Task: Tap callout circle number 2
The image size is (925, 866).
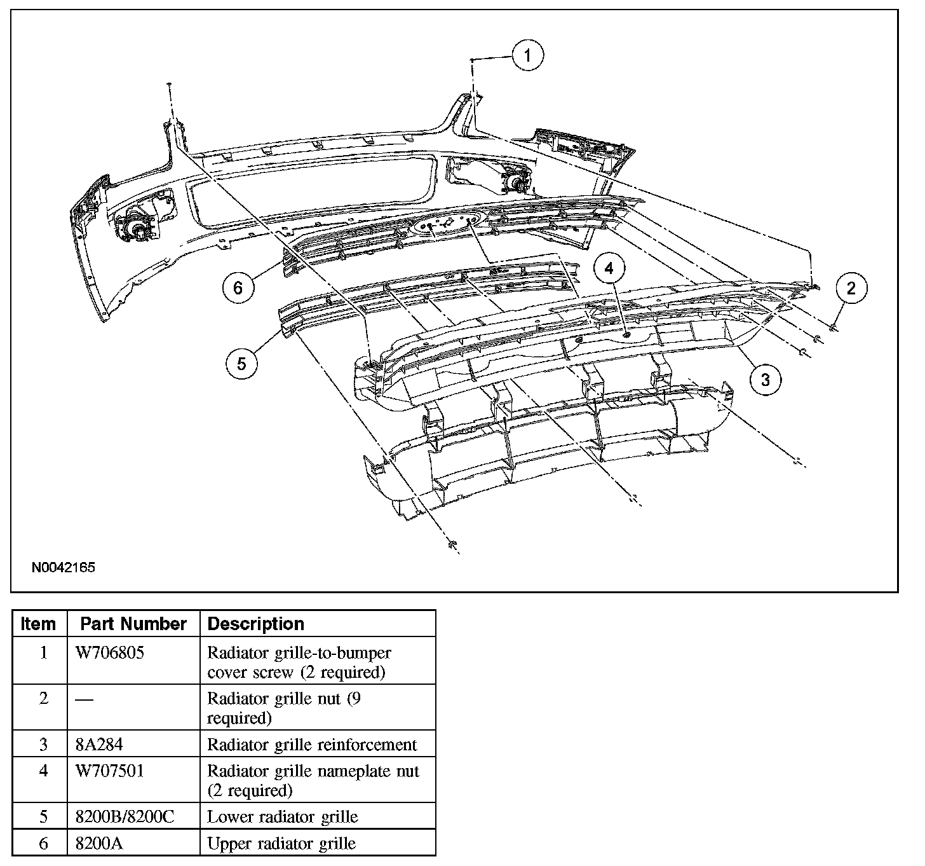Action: point(851,288)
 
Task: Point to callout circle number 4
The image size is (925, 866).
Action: point(609,269)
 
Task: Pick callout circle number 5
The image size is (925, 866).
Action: point(241,363)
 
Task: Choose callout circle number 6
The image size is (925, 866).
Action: point(238,287)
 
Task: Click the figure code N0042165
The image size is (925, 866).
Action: point(64,567)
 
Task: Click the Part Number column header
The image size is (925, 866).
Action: point(133,624)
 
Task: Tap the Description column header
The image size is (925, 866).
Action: point(256,624)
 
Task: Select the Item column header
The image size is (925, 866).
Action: point(38,624)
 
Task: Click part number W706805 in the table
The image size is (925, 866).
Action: point(110,653)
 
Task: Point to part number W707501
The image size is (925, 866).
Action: point(110,771)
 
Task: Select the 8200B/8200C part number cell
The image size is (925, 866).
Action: point(125,817)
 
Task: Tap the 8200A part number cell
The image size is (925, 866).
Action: point(100,844)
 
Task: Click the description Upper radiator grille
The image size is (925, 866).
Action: point(281,844)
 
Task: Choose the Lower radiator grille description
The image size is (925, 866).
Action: point(283,817)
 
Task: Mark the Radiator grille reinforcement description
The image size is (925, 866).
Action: point(312,745)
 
